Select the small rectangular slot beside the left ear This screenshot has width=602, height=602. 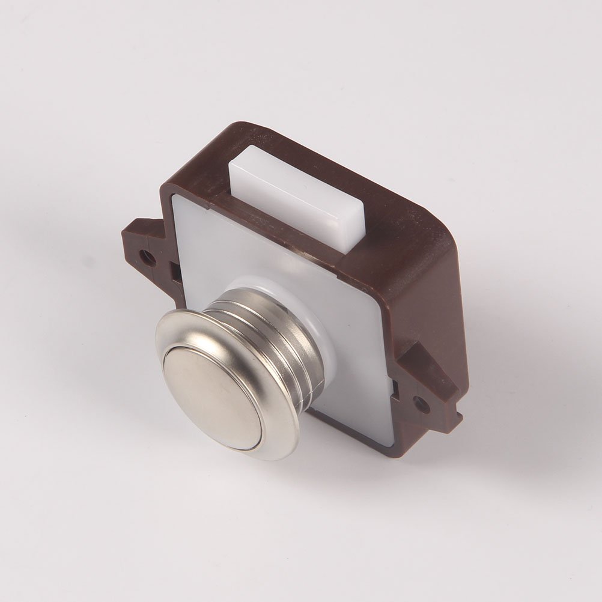(176, 273)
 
